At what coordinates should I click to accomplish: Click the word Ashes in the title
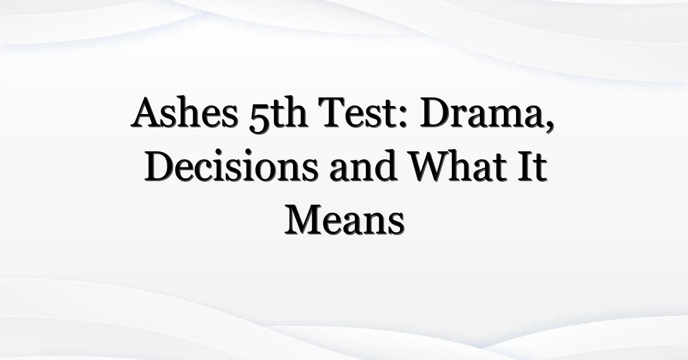point(184,112)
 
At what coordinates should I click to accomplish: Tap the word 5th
point(278,114)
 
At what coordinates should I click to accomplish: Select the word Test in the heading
point(359,112)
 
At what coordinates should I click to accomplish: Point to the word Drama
point(484,112)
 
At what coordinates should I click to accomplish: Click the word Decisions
point(231,166)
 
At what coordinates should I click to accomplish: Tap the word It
point(534,166)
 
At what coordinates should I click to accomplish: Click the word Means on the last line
point(345,220)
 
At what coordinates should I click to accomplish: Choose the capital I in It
point(527,166)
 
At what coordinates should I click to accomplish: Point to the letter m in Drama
point(510,118)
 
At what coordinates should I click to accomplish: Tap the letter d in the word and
point(385,166)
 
